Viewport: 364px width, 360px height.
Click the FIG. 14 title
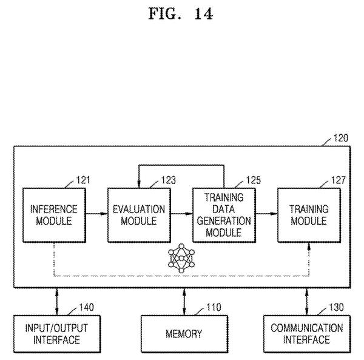tap(181, 13)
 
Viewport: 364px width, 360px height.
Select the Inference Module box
tap(54, 215)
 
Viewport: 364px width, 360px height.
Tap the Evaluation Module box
tap(139, 215)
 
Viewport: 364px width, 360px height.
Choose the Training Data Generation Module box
tap(224, 215)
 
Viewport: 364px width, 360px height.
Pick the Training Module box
tap(309, 215)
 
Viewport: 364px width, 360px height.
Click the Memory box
tap(184, 334)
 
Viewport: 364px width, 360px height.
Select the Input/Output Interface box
tap(57, 334)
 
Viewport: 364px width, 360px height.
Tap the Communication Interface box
tap(307, 334)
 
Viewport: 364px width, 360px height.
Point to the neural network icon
tap(181, 258)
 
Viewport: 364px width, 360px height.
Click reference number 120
tap(341, 138)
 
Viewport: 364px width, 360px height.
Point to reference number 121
tap(83, 180)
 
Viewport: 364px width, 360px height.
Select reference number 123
tap(169, 180)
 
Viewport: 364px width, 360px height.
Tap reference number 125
tap(254, 180)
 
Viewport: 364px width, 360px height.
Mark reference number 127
tap(339, 180)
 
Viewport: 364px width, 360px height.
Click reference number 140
tap(87, 307)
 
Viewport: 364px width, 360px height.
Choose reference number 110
tap(214, 307)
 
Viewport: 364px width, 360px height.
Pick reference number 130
tap(336, 307)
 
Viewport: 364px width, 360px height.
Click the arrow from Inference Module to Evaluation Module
tap(97, 214)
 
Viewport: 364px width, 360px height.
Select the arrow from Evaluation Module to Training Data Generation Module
tap(182, 214)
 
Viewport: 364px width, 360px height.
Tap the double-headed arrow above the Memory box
tap(184, 302)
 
